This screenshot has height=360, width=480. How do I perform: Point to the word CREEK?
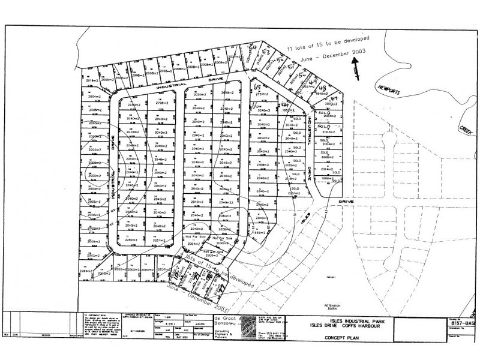pos(466,130)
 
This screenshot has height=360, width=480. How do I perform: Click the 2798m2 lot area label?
pos(163,103)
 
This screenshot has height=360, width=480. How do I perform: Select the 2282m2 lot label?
pos(133,239)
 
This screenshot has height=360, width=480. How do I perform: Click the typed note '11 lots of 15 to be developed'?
pos(329,43)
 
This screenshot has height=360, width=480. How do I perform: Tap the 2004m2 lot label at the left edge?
pos(94,96)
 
